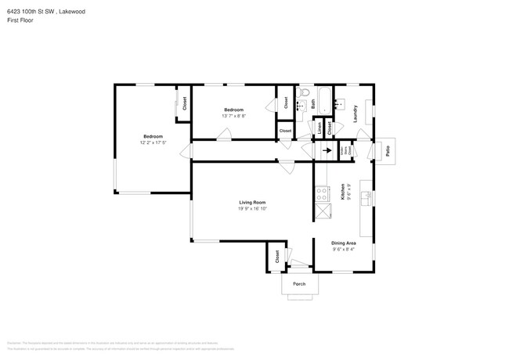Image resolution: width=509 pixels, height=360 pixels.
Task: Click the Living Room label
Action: coord(252,202)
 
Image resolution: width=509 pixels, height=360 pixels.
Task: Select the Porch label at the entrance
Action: coord(298,283)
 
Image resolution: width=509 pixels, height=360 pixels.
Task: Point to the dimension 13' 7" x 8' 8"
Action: coord(234,116)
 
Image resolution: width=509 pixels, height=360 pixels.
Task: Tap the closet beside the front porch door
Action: coord(277,257)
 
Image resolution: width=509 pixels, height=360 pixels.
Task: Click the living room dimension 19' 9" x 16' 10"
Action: coord(252,209)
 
